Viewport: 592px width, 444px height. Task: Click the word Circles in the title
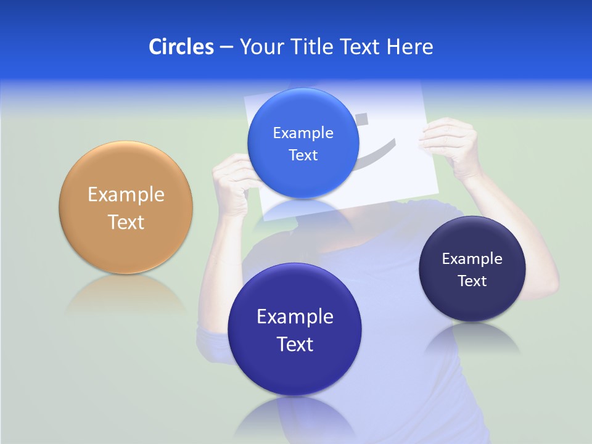tap(181, 47)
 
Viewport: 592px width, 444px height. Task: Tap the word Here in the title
tap(409, 47)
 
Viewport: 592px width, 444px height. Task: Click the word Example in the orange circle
tap(126, 195)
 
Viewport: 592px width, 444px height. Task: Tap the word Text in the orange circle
tap(126, 223)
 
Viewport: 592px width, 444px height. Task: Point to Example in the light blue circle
tap(303, 133)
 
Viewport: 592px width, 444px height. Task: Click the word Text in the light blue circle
tap(303, 155)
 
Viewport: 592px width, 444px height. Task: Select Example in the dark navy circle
tap(472, 259)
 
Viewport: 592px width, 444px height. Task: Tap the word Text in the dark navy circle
tap(472, 281)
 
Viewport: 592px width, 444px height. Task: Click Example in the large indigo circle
tap(295, 317)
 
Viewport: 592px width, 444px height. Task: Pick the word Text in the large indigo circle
tap(295, 344)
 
